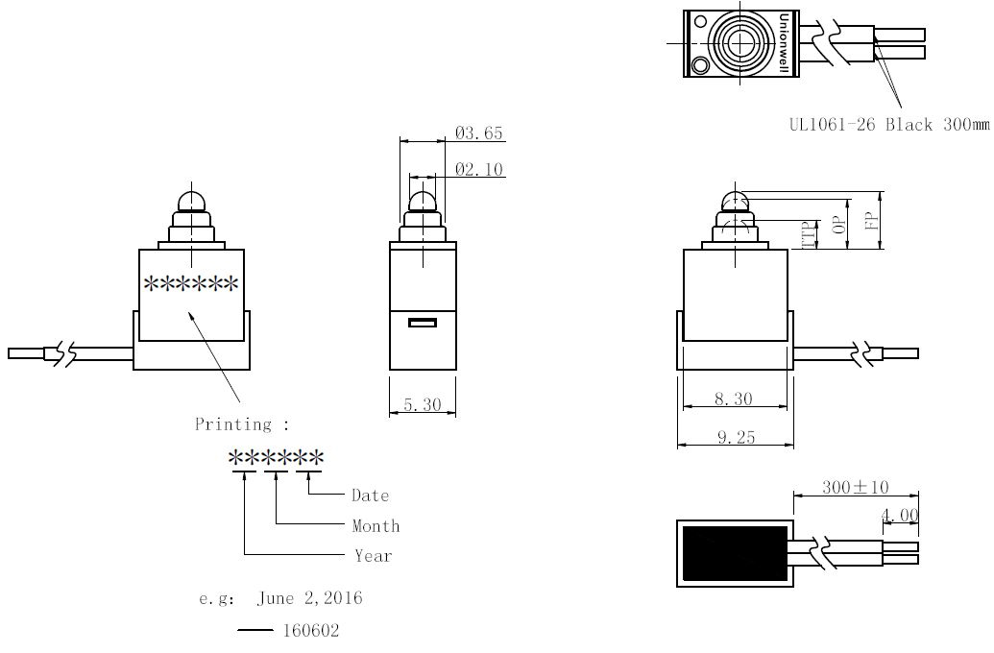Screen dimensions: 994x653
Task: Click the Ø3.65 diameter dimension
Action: point(478,133)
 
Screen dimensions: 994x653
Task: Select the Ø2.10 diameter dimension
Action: point(478,169)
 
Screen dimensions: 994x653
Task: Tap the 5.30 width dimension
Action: point(423,404)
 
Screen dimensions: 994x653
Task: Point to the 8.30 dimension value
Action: point(734,399)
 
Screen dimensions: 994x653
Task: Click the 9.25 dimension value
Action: point(736,437)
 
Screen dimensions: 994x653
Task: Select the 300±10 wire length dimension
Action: point(855,487)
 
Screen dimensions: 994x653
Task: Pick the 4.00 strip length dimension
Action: point(900,515)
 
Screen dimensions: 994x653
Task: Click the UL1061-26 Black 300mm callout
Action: point(888,124)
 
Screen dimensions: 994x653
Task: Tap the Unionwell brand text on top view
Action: point(784,43)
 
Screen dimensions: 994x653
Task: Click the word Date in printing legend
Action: point(370,496)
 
